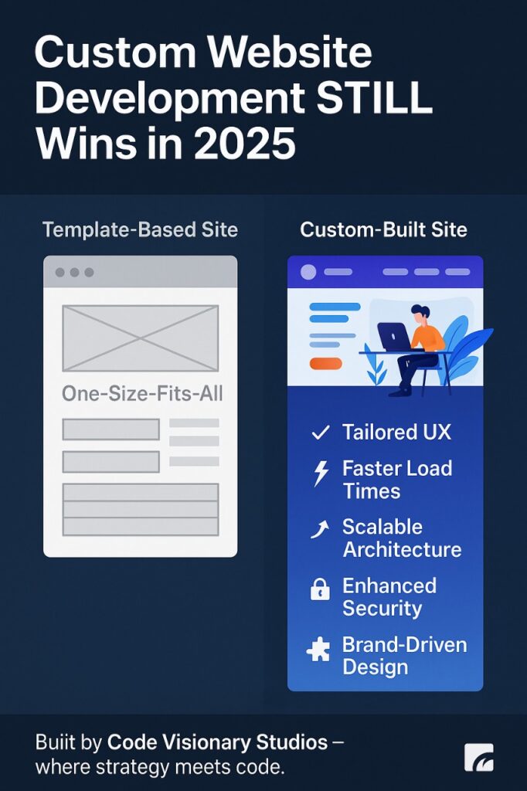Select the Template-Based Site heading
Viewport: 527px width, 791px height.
point(140,229)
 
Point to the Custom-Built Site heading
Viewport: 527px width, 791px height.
point(383,229)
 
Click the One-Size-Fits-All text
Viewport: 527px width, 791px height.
point(142,393)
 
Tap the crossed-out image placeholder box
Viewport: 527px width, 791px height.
point(141,338)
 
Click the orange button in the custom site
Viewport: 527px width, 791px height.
point(325,363)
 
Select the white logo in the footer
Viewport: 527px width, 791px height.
point(478,757)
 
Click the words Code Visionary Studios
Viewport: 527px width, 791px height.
point(217,743)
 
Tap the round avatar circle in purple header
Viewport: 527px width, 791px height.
point(308,272)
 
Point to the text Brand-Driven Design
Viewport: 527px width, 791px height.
point(404,656)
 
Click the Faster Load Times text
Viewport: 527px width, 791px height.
point(397,480)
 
